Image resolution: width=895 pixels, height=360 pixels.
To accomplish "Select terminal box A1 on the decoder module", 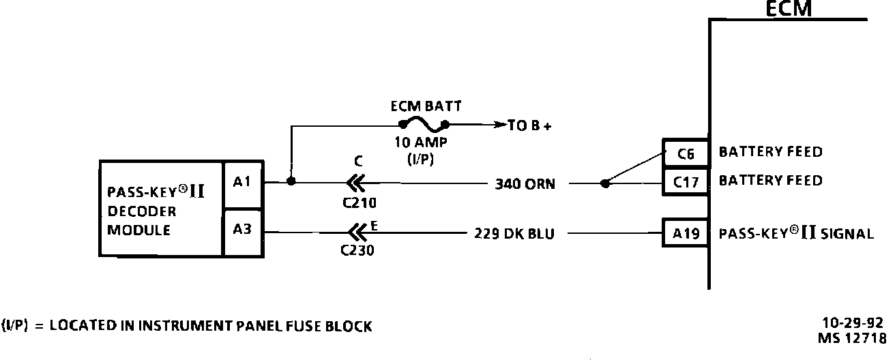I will coord(242,182).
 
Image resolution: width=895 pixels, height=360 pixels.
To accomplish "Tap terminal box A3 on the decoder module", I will coord(242,230).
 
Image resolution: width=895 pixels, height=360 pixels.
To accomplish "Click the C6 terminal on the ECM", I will coord(686,154).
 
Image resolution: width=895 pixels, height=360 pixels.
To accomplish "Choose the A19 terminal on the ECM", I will coord(686,234).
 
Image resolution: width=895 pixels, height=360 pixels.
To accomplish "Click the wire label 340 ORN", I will coord(525,183).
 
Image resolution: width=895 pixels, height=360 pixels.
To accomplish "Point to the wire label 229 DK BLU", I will coord(514,234).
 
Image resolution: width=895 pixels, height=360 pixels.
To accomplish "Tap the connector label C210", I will coord(359,202).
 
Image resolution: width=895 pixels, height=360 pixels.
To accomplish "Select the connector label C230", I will coord(357,250).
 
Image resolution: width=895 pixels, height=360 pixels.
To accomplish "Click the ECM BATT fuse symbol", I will coord(424,125).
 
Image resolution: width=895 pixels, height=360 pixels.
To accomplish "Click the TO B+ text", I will coord(530,126).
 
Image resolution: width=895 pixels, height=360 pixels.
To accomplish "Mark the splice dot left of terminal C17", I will coord(604,183).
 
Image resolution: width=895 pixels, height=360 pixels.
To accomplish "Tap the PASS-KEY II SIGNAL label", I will coord(796,234).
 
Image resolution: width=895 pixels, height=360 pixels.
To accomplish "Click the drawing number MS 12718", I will coord(851,337).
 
